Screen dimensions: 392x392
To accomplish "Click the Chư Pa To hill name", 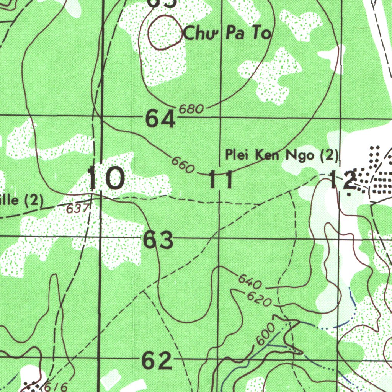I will coord(227,34).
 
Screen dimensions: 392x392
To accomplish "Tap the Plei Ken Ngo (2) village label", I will coord(282,155).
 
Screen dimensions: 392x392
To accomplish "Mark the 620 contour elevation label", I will coord(259,299).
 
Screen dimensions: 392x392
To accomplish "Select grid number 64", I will coord(160,120).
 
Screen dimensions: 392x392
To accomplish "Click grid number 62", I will coord(157,361).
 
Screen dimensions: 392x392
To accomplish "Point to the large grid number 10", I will coord(106,178).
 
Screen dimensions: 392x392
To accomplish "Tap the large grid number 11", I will coord(221,180).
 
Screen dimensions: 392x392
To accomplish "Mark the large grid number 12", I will coord(343,180).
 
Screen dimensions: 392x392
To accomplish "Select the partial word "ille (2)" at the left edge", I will coord(21,200).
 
